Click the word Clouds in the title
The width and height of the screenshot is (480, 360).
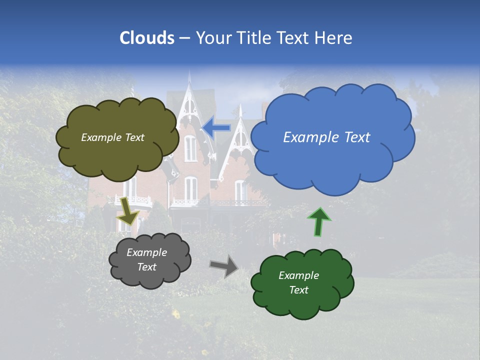(146, 38)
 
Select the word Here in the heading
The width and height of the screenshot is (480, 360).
(333, 38)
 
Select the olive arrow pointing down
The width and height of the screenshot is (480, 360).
(127, 210)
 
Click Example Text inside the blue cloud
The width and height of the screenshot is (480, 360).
(326, 137)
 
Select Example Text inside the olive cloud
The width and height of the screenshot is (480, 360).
(112, 137)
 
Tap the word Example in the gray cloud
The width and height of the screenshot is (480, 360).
(146, 252)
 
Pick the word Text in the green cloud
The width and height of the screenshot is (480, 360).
(298, 290)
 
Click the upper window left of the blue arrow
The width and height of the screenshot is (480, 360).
(190, 148)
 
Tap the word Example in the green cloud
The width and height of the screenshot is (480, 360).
(298, 275)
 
